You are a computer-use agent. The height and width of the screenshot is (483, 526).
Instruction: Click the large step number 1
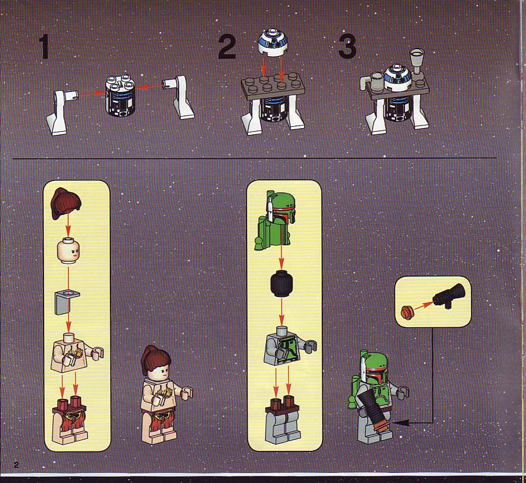44,47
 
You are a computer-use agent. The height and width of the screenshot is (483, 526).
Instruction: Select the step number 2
227,47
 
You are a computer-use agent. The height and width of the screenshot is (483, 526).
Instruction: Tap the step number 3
348,47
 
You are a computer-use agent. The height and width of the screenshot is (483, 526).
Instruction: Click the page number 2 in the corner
16,465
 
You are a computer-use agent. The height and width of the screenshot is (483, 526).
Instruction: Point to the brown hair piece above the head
66,204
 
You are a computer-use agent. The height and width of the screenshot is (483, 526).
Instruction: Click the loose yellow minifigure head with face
68,250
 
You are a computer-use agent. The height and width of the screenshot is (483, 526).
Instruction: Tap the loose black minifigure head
281,284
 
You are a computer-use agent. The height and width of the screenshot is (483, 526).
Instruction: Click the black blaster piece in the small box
449,296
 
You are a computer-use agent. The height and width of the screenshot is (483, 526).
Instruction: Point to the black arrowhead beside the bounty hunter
400,423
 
